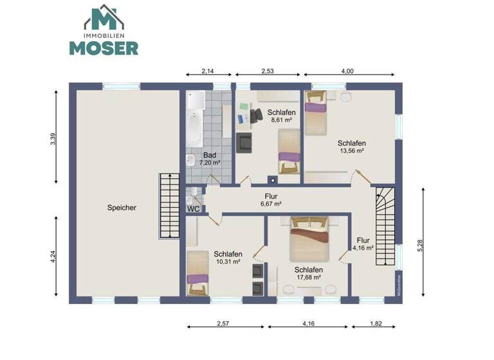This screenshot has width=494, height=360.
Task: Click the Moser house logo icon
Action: [x=104, y=17]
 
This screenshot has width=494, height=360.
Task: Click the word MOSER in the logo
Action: [x=104, y=48]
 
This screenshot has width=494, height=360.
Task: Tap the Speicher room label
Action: [x=122, y=208]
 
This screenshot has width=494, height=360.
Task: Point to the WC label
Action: [x=193, y=209]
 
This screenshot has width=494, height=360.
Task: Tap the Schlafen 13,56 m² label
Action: [x=352, y=147]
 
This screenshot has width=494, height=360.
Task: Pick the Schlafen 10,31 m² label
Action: [x=228, y=257]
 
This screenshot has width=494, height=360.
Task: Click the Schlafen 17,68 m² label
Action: [x=308, y=273]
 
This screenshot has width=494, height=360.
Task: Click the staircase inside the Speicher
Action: [x=169, y=206]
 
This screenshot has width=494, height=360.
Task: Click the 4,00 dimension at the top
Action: [x=347, y=71]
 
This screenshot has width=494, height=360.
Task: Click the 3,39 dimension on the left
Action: [x=53, y=139]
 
